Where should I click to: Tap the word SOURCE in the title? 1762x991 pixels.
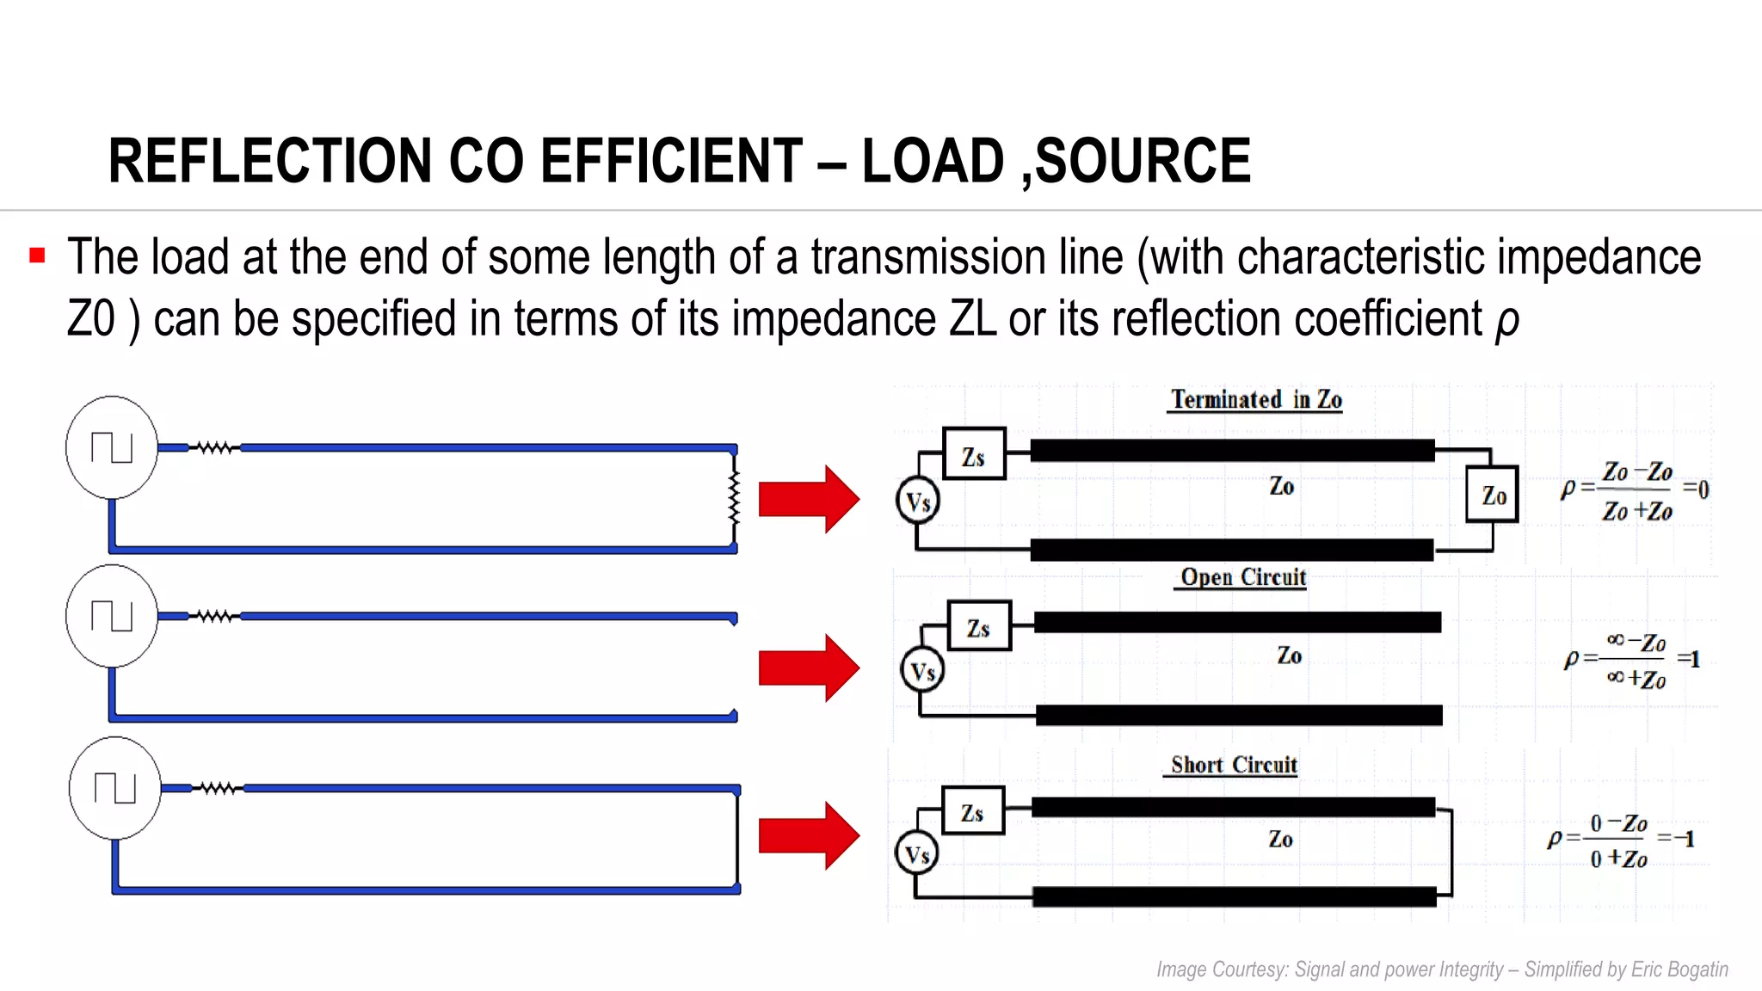point(1143,161)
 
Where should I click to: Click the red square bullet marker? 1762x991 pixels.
point(37,255)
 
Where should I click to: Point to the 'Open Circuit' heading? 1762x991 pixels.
point(1243,577)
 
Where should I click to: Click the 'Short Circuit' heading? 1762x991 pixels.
point(1234,765)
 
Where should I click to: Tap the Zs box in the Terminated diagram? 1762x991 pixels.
point(974,454)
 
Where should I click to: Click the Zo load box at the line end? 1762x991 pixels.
point(1493,495)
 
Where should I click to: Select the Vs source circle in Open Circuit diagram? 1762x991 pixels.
point(922,671)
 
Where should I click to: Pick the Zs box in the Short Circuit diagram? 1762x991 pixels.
point(973,811)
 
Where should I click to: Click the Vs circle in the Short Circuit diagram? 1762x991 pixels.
point(917,853)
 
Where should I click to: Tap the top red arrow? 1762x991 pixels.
point(808,499)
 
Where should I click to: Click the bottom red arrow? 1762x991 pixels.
point(808,835)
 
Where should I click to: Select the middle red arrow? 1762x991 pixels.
point(808,668)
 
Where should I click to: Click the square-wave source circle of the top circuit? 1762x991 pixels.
point(112,447)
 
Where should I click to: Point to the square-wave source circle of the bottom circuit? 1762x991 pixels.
point(115,788)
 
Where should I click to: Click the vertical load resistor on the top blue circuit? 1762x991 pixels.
point(734,498)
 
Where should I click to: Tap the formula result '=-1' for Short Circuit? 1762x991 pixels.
point(1677,839)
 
